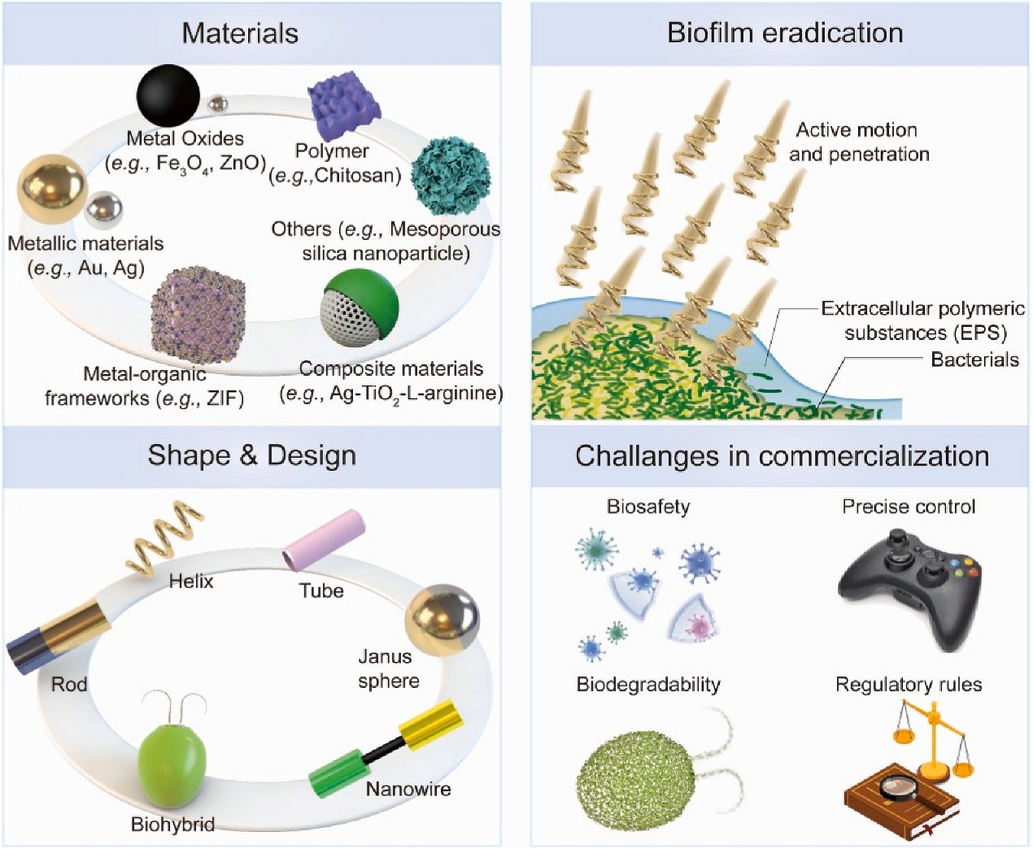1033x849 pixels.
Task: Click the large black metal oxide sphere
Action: [x=168, y=95]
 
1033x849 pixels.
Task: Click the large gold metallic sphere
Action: [x=51, y=189]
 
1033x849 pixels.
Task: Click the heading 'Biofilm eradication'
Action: [x=785, y=33]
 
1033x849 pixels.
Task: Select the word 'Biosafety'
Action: [x=648, y=507]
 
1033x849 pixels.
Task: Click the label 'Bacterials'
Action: [x=974, y=359]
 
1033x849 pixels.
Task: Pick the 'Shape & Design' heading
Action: [x=251, y=455]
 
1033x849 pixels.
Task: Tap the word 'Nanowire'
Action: [x=408, y=789]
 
